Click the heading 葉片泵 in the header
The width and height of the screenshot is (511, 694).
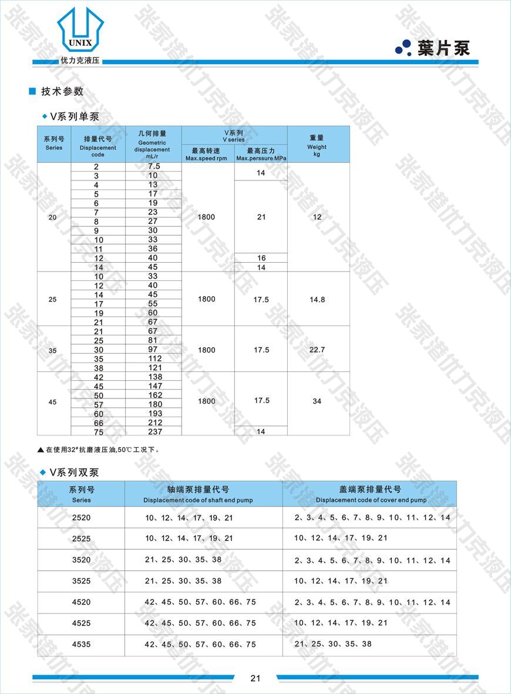443,48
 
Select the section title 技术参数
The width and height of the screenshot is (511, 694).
62,91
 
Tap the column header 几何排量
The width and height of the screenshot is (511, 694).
153,134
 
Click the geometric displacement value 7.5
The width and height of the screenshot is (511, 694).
153,166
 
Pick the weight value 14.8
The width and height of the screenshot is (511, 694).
317,300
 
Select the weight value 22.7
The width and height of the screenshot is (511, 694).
317,350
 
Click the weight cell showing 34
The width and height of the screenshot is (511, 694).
317,401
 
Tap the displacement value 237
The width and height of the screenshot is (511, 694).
153,432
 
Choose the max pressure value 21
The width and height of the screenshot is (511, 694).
261,217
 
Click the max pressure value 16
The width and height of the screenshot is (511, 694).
261,258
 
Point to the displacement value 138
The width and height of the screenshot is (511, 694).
153,377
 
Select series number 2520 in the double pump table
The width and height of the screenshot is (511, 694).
82,518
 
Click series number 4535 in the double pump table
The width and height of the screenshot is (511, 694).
82,644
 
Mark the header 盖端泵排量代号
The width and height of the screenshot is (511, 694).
371,490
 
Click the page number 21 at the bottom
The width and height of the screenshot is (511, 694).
255,678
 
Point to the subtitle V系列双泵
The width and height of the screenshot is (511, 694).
74,472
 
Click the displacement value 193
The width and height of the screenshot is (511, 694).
153,414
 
